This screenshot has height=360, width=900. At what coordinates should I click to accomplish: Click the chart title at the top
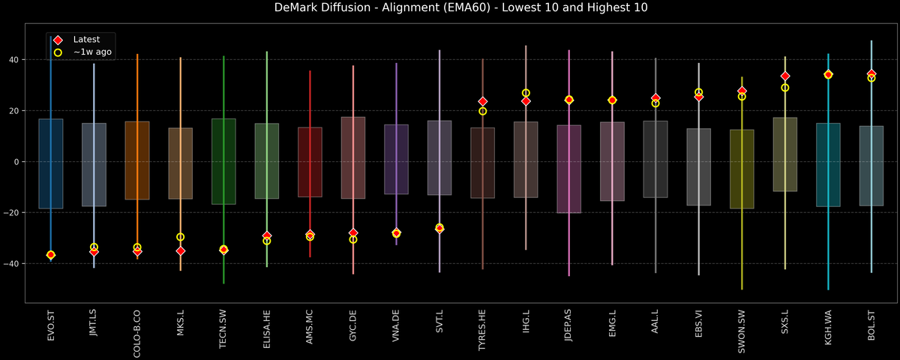(450, 8)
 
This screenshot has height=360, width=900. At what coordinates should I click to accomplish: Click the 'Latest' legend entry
(85, 39)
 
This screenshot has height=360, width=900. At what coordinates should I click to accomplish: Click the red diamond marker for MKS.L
(181, 251)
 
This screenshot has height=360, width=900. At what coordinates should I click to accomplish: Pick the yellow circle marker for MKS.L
(181, 237)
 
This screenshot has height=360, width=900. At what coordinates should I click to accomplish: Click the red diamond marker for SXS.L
(785, 76)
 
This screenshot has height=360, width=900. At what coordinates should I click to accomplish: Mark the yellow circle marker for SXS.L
(785, 88)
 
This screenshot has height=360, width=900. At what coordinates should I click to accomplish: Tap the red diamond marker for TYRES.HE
(483, 101)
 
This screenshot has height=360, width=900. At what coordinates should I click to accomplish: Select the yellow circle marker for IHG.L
(526, 93)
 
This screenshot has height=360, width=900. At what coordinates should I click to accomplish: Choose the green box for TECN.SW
(224, 161)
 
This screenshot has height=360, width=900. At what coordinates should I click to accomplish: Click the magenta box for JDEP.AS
(569, 169)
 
